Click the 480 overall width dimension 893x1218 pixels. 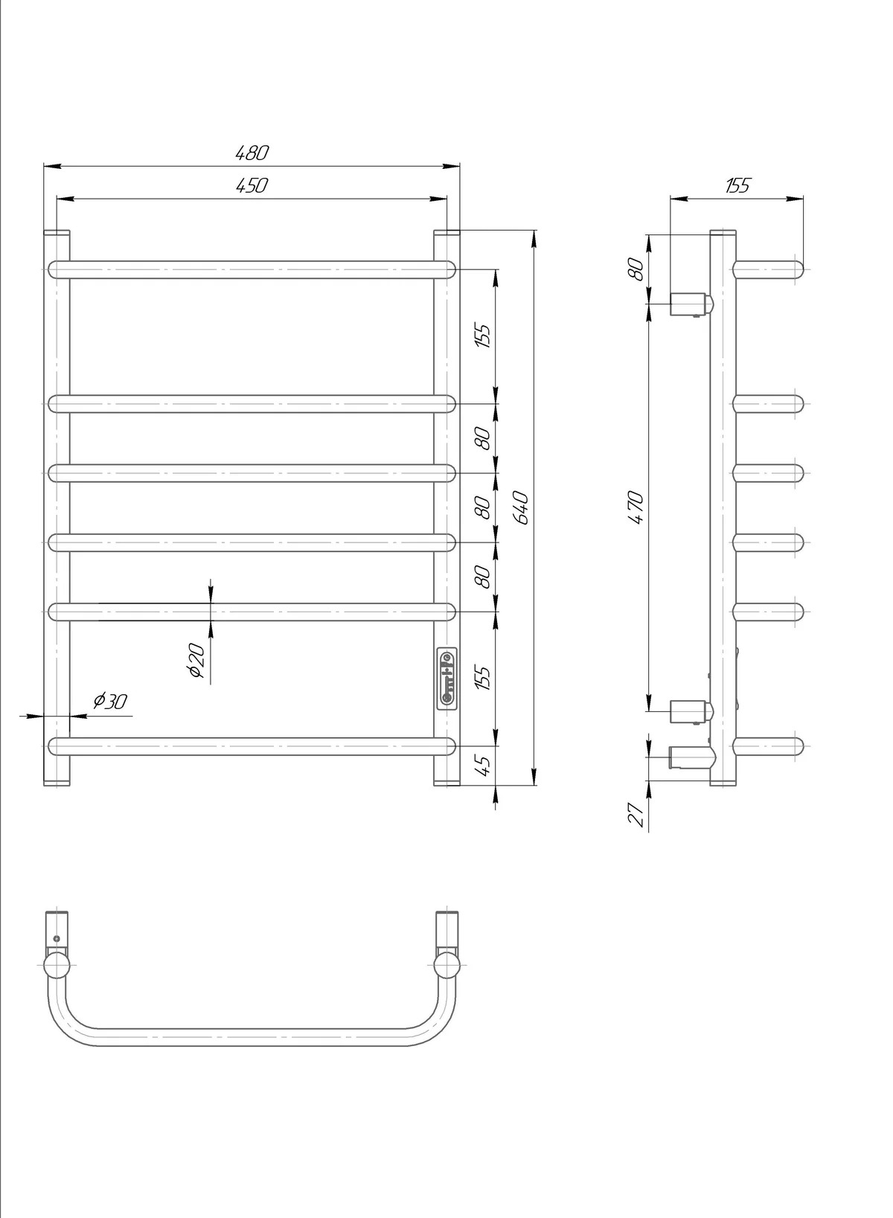(252, 153)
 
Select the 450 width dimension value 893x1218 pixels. (252, 185)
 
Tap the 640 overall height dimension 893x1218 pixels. (521, 507)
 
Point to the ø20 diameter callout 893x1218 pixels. (196, 661)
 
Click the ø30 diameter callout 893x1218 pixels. (110, 702)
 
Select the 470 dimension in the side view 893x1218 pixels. (636, 507)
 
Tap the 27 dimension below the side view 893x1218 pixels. (636, 815)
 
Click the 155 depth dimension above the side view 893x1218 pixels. (737, 185)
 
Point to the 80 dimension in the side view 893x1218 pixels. (636, 269)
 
